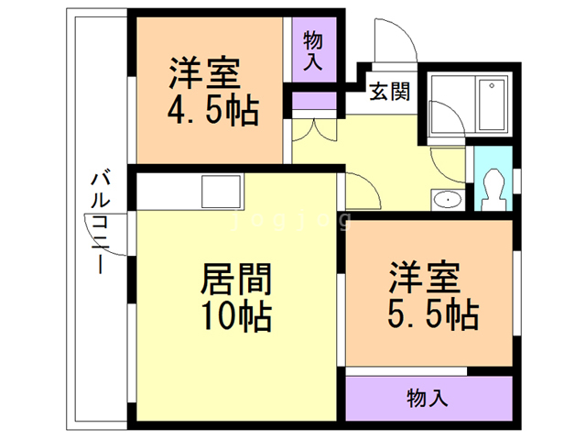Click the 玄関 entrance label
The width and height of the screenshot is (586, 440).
click(389, 92)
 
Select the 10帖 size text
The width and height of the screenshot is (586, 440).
click(235, 317)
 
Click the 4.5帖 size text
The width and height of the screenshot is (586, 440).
click(211, 113)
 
